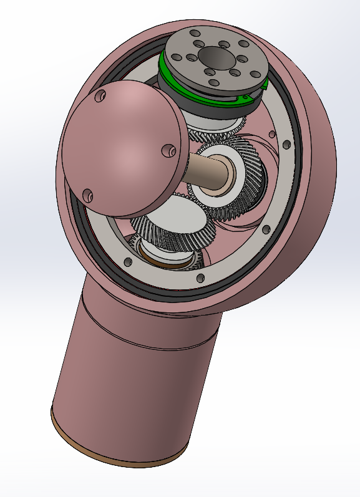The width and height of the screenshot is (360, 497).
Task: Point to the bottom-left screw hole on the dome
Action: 87,195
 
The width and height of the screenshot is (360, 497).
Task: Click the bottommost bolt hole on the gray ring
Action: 200,278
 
